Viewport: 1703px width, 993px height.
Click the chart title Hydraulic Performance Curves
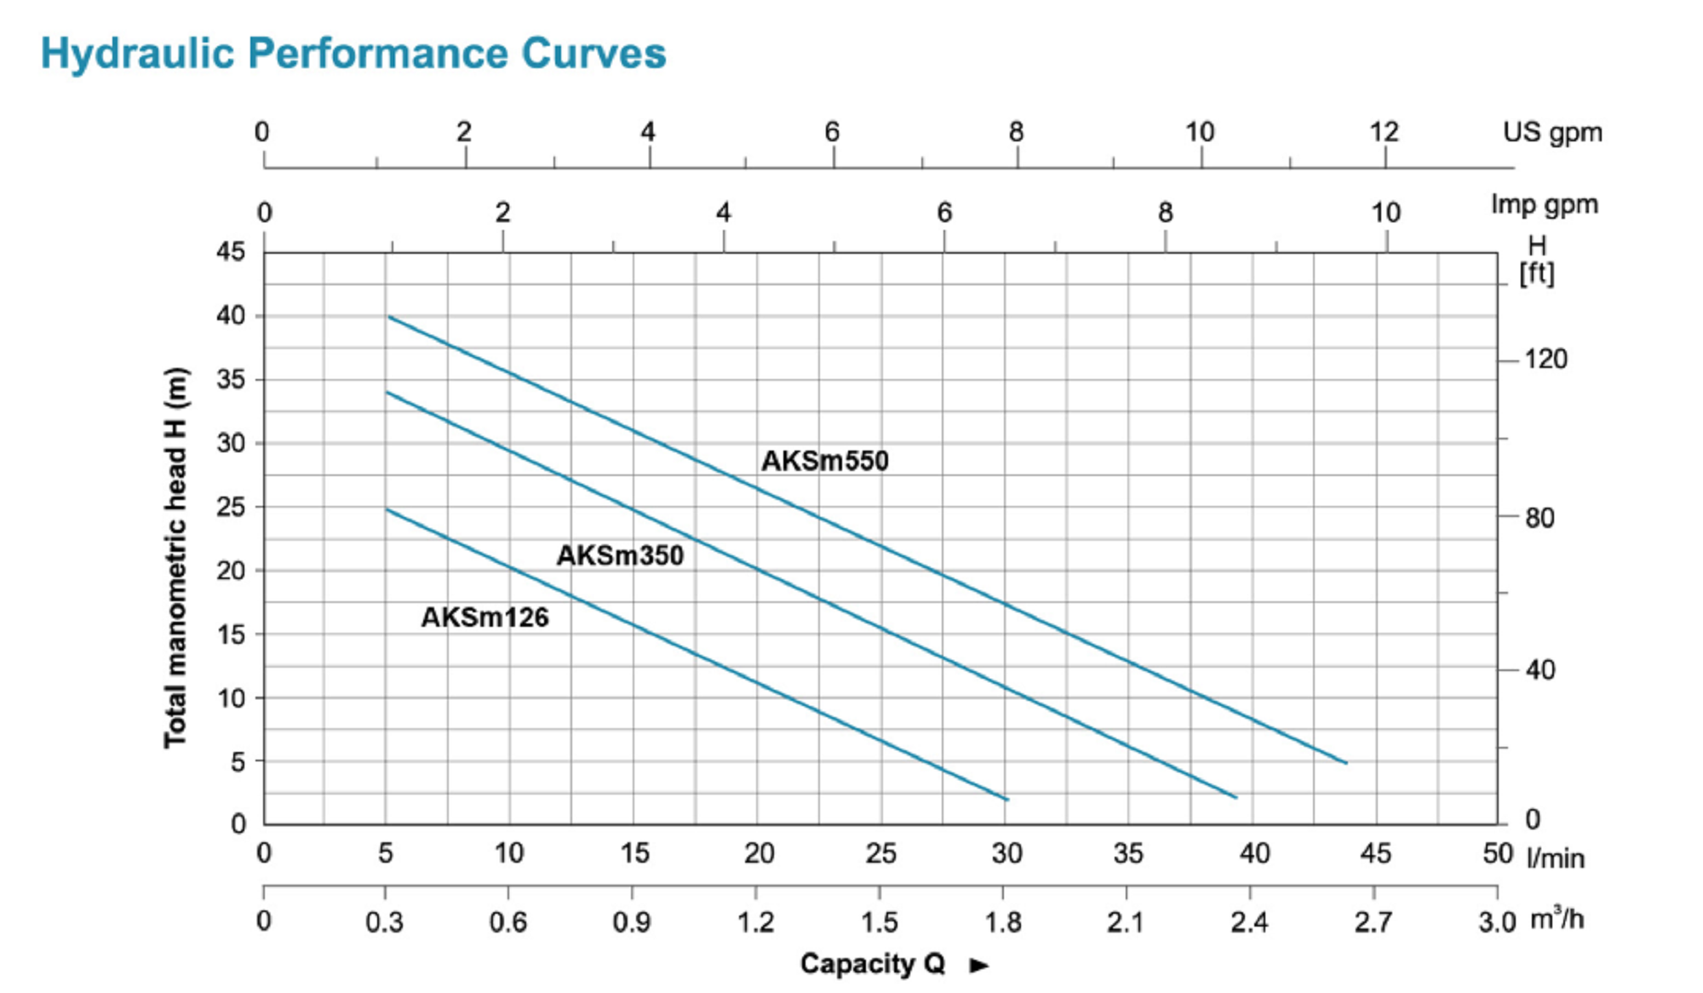(353, 54)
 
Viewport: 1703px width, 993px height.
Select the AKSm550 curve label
(824, 461)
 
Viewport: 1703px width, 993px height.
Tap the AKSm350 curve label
(620, 555)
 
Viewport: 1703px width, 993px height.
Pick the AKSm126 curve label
(485, 617)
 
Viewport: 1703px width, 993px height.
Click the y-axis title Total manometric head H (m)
(175, 558)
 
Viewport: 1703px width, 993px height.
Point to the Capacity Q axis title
(873, 963)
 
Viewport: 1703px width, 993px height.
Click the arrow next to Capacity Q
(979, 965)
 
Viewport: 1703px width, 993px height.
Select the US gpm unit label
(1551, 133)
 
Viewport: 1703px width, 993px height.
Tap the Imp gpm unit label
(1544, 205)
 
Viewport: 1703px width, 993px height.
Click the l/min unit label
(1556, 858)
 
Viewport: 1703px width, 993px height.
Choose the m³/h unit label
(1557, 919)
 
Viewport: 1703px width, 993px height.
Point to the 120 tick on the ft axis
(1545, 359)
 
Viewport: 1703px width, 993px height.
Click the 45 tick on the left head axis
(230, 251)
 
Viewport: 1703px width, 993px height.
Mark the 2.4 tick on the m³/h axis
(1249, 922)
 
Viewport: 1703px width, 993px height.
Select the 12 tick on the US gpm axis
(1385, 132)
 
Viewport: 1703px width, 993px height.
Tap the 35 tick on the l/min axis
(1128, 853)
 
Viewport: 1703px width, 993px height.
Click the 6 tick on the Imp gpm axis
(944, 213)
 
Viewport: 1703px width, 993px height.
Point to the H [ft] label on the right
(1537, 260)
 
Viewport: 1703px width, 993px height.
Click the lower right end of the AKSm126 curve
(1007, 800)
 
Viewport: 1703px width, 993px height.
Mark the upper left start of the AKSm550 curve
(389, 317)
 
